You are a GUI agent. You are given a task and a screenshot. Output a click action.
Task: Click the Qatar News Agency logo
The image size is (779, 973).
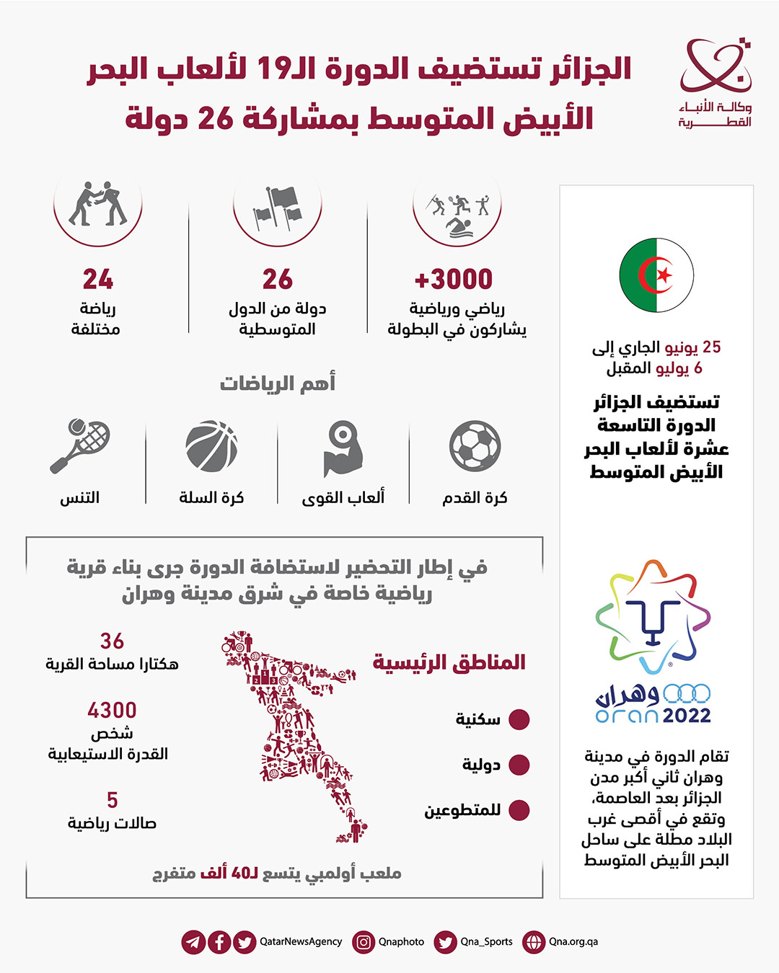[715, 83]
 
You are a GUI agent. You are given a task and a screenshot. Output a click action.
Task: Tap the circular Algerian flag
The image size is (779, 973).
[656, 275]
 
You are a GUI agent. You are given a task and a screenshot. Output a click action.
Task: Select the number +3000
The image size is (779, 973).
[454, 279]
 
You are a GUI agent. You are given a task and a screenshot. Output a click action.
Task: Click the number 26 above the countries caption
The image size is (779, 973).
[278, 279]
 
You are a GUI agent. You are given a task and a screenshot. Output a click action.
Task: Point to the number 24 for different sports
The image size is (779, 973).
[98, 279]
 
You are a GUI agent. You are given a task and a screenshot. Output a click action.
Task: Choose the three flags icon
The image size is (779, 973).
[278, 208]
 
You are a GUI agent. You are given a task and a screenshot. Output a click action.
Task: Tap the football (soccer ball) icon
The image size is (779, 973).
[475, 446]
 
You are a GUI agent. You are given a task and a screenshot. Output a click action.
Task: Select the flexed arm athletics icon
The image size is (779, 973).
[343, 450]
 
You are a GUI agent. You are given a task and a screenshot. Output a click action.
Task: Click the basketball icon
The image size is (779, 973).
[211, 446]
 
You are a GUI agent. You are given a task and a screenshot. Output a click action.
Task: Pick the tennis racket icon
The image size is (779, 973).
[80, 446]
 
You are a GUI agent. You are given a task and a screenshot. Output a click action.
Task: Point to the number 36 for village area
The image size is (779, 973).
[112, 641]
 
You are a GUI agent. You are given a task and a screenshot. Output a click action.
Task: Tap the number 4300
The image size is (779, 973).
[112, 711]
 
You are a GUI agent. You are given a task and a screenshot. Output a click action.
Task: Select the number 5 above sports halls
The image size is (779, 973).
[112, 800]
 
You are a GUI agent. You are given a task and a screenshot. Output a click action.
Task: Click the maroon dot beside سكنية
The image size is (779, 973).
[519, 719]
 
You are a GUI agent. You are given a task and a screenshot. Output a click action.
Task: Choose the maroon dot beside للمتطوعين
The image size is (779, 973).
[519, 810]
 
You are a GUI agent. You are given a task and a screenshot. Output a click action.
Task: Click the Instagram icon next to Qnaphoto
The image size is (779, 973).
[364, 942]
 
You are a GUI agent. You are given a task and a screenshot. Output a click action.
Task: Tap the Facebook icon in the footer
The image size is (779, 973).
[219, 942]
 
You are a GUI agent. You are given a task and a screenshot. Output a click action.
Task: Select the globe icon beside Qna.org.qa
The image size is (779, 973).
[534, 942]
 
